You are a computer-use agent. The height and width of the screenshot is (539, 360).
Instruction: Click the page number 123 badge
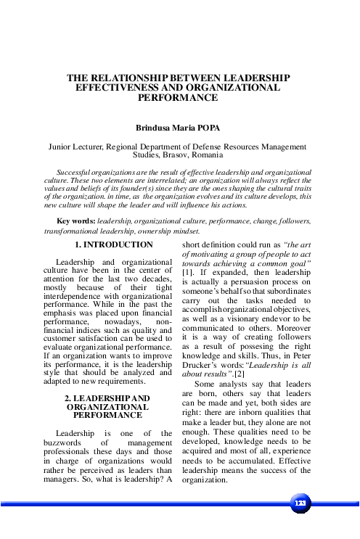click(299, 502)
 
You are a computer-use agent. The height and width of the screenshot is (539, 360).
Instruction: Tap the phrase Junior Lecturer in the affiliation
click(75, 146)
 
